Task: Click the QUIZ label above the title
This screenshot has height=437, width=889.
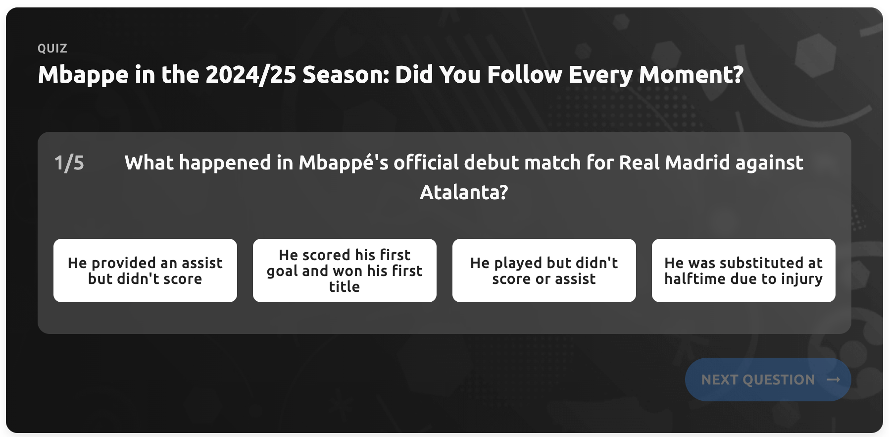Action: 52,49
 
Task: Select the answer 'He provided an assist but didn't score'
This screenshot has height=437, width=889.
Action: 145,271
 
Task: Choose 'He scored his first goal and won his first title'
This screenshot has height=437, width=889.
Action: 345,271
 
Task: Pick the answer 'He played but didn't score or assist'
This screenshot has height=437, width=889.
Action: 544,271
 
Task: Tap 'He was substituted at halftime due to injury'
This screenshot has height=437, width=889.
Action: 743,271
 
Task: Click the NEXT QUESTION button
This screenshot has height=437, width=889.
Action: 768,380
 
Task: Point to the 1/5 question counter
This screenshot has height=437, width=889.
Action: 69,163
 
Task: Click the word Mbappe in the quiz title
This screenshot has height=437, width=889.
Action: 83,75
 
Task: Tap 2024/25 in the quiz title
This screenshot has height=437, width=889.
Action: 250,75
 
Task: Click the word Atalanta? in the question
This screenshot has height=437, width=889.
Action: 464,192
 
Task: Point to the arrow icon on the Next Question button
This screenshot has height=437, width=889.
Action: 834,380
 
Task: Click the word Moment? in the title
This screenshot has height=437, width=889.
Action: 691,75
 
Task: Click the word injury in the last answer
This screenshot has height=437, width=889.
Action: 802,279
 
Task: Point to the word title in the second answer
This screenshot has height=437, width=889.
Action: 345,286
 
